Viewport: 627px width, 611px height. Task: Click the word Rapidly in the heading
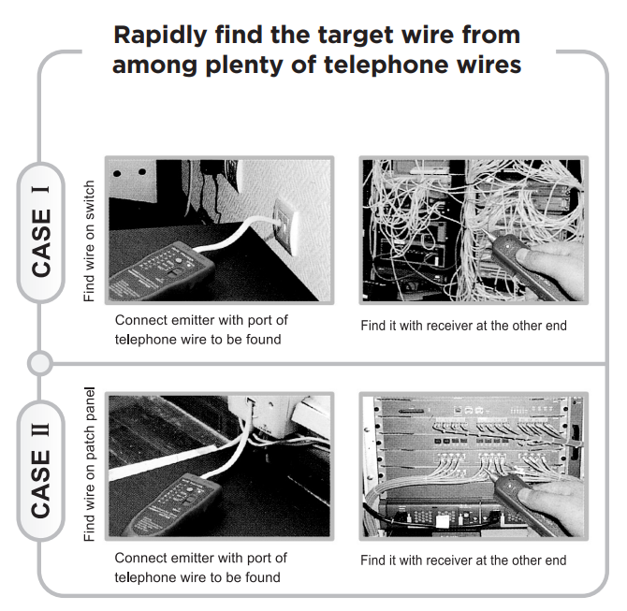pos(160,36)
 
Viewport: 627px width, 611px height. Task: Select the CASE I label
pos(41,232)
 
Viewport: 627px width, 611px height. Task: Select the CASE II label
pos(41,471)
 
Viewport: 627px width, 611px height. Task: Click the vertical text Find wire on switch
pos(89,241)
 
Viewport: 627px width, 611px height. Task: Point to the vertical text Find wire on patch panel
pos(90,464)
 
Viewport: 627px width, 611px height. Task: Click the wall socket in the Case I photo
pos(285,227)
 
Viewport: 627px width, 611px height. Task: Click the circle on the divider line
pos(40,363)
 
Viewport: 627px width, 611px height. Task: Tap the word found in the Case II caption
pos(263,578)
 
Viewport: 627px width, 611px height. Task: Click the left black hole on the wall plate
pos(117,173)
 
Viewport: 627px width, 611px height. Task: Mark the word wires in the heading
pos(489,65)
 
